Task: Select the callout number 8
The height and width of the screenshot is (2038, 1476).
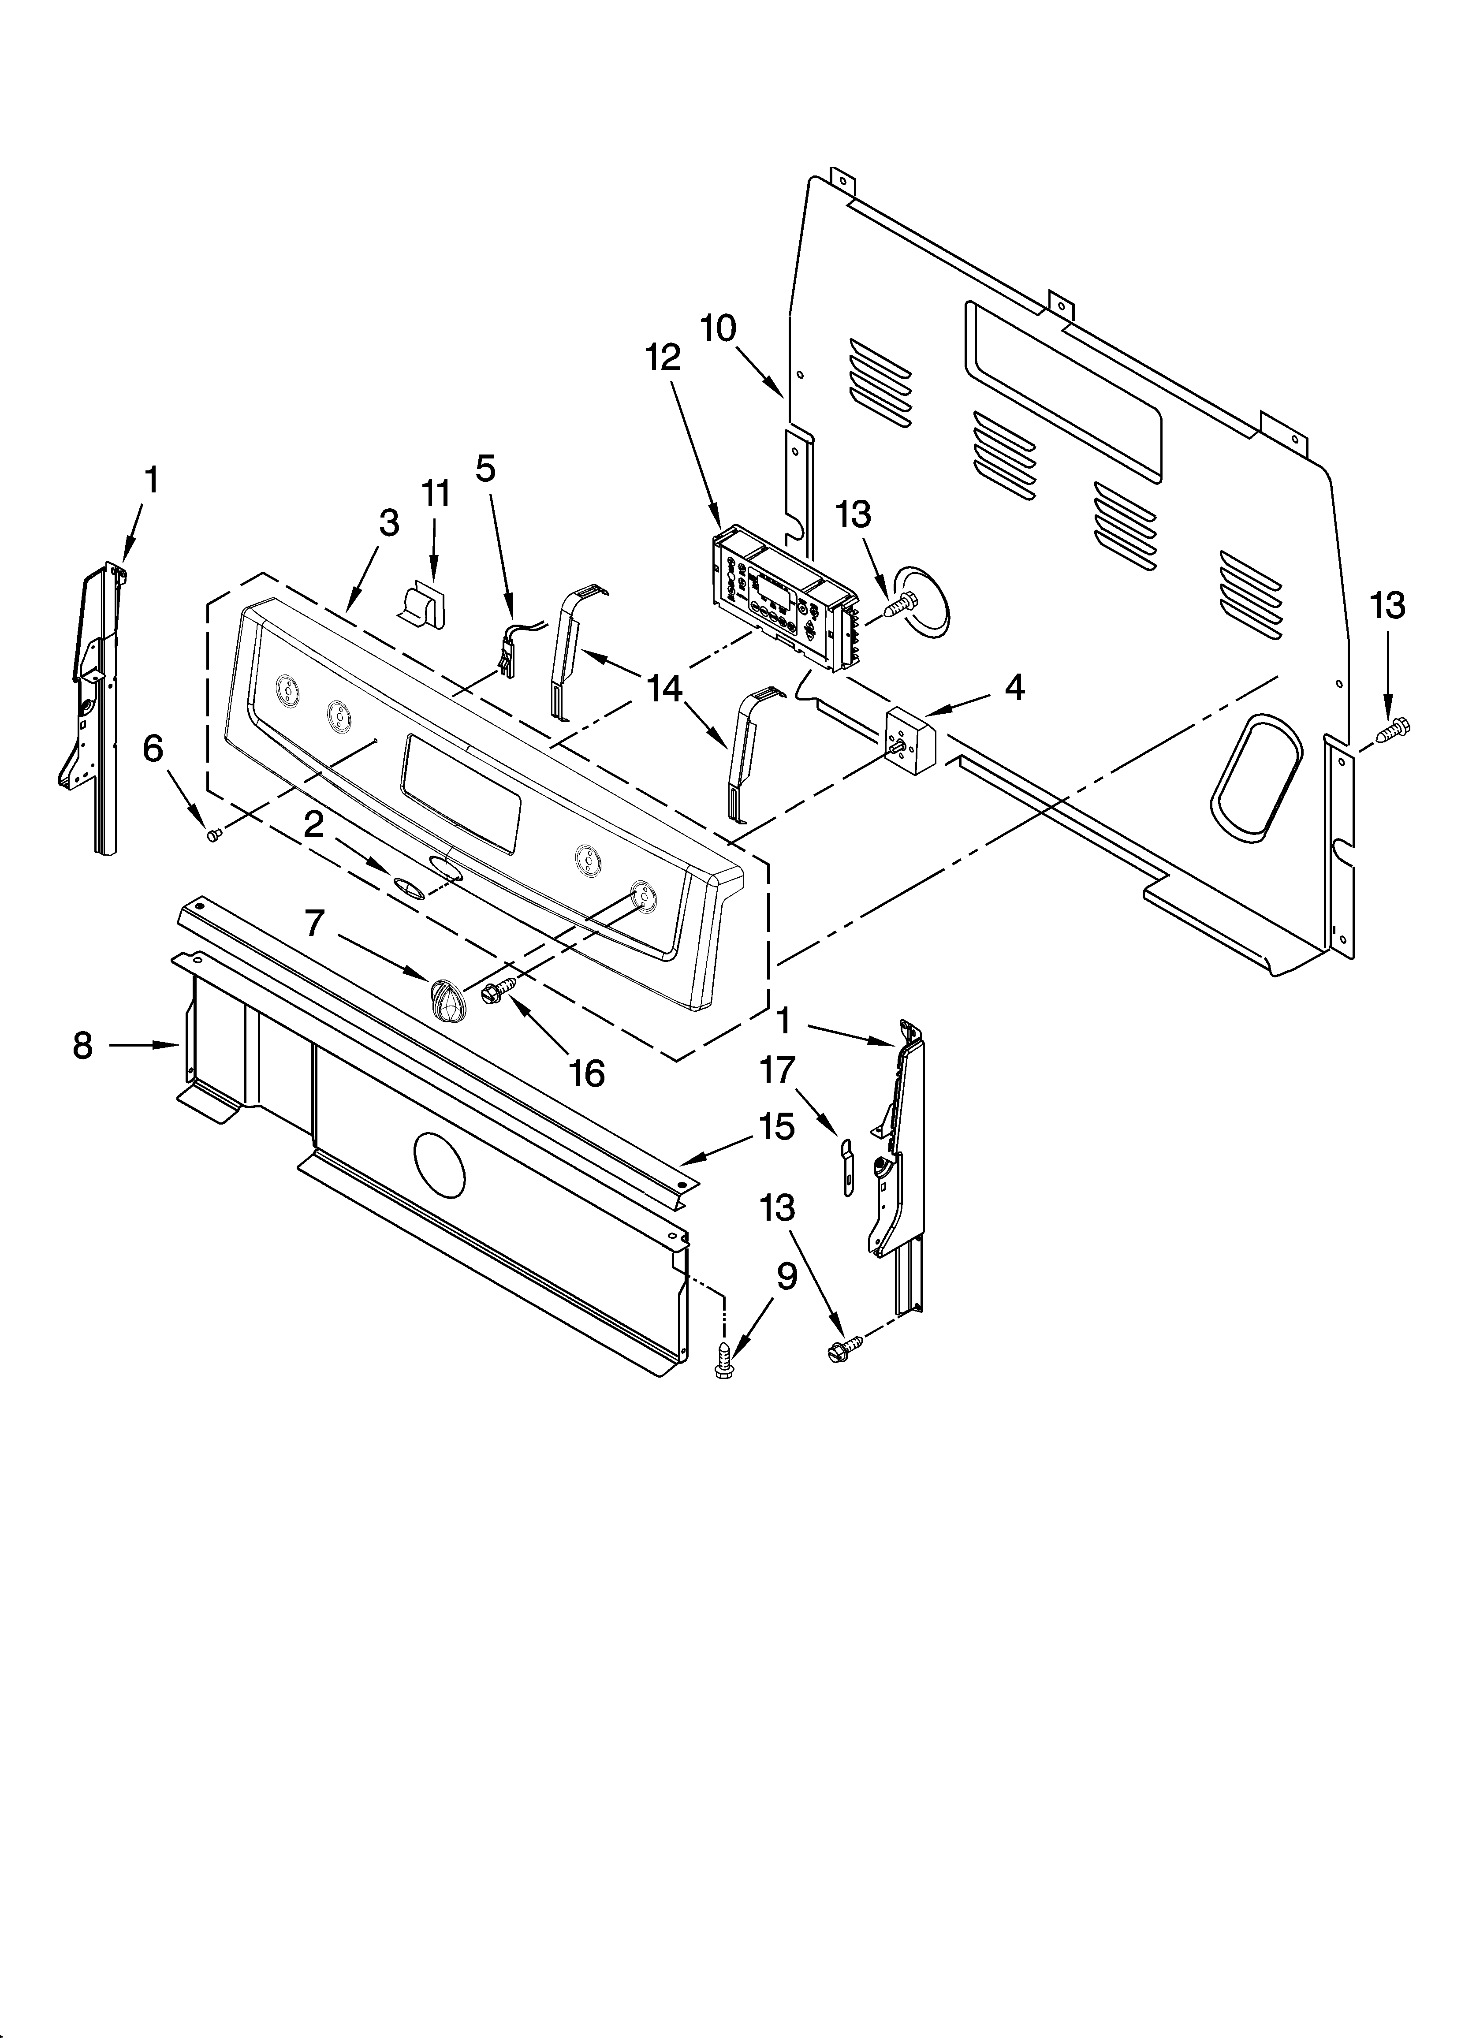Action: point(83,1045)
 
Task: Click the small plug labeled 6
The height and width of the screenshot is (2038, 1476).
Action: point(214,835)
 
